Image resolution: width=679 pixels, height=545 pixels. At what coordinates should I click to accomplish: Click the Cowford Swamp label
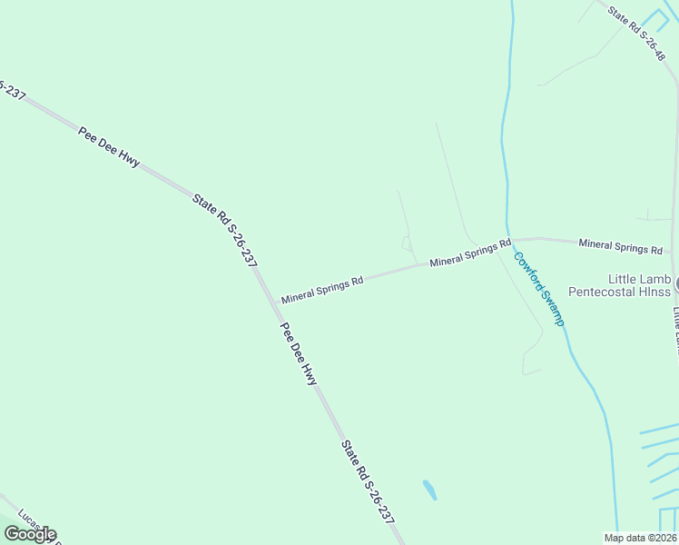539,289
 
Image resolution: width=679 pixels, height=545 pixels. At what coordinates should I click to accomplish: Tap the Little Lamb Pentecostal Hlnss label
618,285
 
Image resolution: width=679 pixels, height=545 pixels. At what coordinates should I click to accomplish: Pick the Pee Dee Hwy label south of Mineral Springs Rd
299,354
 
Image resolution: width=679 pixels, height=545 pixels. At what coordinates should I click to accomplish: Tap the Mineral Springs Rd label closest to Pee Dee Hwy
322,290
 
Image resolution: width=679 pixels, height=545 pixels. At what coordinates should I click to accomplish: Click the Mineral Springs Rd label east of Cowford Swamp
620,245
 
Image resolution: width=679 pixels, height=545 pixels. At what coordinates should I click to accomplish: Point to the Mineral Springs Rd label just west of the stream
469,253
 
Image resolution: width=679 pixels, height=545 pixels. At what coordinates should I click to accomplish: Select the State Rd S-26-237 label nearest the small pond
368,482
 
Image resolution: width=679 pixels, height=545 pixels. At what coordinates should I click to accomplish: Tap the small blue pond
429,490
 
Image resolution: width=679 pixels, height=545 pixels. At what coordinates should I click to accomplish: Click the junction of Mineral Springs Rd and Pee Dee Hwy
270,301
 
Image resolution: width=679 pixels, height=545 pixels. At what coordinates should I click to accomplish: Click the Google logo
30,534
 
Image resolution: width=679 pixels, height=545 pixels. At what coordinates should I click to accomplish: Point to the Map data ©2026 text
640,538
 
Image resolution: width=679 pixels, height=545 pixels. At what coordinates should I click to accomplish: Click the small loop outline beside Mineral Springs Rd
407,243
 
